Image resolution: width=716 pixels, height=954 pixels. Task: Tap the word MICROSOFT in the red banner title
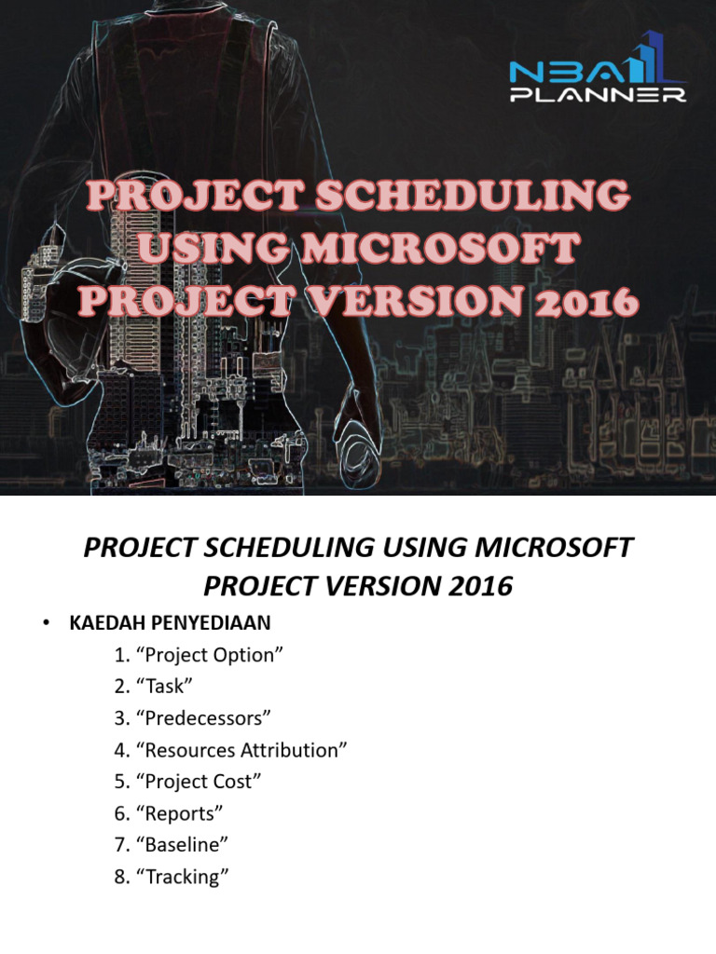coord(457,251)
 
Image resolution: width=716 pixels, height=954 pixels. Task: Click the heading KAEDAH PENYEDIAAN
coord(169,622)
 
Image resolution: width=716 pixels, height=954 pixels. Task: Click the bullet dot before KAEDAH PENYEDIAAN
coord(44,623)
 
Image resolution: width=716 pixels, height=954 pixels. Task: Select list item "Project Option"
coord(199,654)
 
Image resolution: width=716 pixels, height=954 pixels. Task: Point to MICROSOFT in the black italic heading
coord(551,548)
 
